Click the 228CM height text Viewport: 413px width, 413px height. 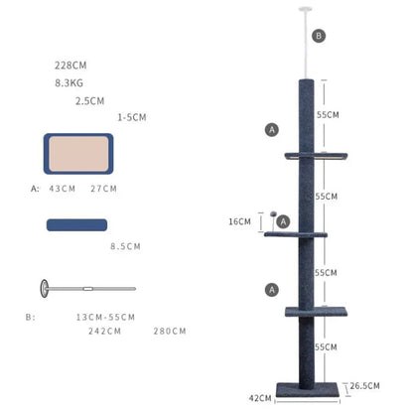click(70, 66)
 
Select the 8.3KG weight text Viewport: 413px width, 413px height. click(69, 82)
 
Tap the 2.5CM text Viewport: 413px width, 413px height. click(89, 101)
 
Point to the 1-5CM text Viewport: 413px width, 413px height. click(132, 117)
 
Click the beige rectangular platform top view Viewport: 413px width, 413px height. click(78, 154)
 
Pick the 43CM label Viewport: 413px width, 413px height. click(63, 189)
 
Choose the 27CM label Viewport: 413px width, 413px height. click(103, 189)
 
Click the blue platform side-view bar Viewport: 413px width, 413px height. click(76, 225)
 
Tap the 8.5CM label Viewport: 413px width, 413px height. click(125, 246)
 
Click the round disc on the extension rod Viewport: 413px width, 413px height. click(45, 289)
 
